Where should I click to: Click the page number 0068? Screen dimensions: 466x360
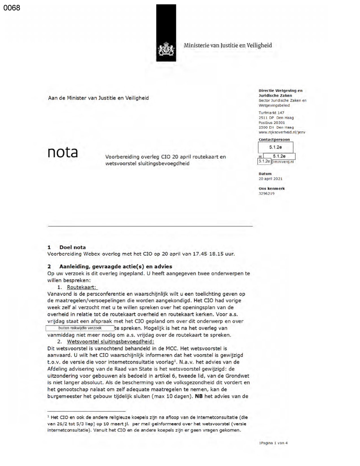tap(12, 8)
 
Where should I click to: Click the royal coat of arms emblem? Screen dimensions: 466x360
tap(166, 49)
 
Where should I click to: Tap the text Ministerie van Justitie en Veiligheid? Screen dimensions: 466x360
tap(228, 45)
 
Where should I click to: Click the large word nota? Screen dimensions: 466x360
tap(63, 152)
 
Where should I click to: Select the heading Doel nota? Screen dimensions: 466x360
tap(72, 247)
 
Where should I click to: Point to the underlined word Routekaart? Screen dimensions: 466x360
tap(82, 287)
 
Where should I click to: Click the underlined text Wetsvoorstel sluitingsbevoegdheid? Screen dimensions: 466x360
tap(110, 342)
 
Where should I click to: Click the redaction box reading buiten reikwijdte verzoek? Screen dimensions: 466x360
tap(80, 328)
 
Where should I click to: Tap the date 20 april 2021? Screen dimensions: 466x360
tap(270, 179)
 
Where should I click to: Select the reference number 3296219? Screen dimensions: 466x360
tap(266, 193)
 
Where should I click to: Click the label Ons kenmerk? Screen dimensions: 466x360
tap(271, 188)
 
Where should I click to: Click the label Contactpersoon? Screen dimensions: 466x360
tap(274, 140)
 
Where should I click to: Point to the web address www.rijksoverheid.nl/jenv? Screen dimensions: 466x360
tap(282, 132)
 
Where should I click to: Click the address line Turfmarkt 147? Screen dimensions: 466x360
tap(271, 113)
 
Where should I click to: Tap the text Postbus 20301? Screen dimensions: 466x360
tap(271, 123)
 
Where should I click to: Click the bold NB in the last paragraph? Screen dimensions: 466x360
tap(198, 396)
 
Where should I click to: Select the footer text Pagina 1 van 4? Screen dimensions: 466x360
tap(274, 443)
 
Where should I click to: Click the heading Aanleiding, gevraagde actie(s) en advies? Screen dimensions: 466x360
tap(115, 266)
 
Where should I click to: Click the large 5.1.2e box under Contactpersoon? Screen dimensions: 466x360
tap(275, 147)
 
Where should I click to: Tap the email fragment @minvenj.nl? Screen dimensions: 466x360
tap(282, 162)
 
